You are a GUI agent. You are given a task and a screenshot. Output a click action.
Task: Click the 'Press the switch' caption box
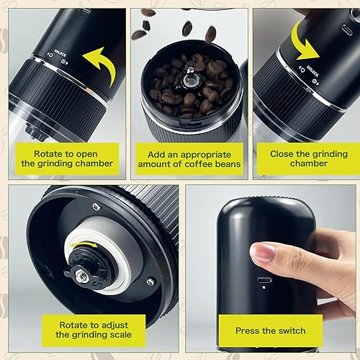(271, 330)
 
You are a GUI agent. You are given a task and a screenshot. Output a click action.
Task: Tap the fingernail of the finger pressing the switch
(262, 252)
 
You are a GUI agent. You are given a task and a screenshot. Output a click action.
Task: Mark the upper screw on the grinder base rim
(96, 207)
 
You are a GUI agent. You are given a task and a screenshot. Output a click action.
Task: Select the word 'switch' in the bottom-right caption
(289, 330)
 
